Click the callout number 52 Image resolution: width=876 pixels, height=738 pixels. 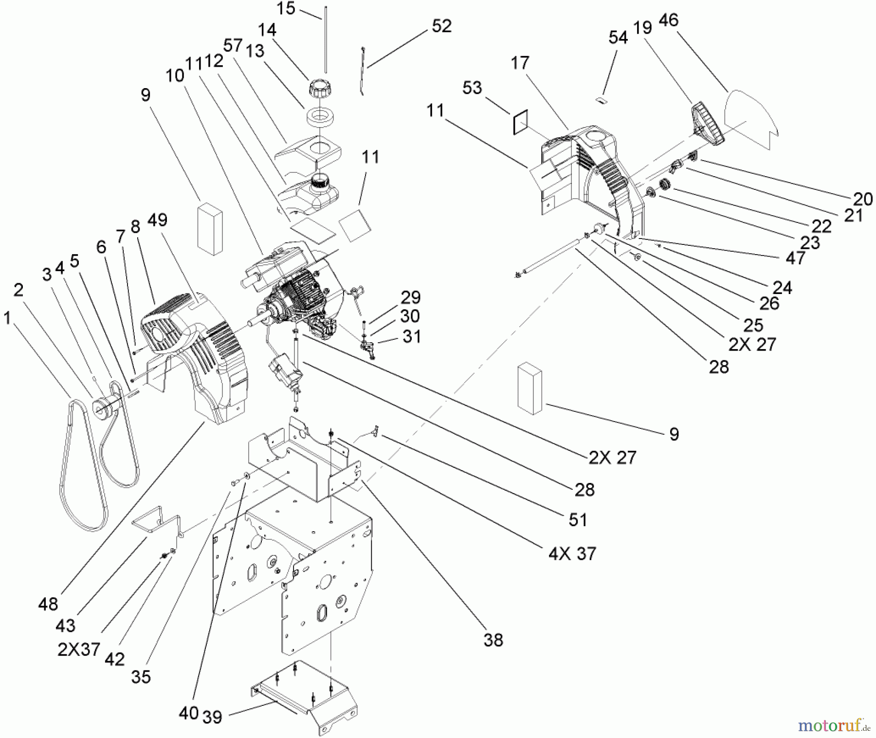pyautogui.click(x=441, y=26)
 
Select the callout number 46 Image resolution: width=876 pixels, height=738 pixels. pyautogui.click(x=668, y=20)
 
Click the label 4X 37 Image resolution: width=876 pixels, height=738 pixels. pyautogui.click(x=572, y=553)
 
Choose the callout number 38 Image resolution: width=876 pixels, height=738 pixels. pyautogui.click(x=493, y=640)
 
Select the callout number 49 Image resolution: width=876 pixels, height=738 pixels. pyautogui.click(x=157, y=220)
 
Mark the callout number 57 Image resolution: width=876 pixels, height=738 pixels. pyautogui.click(x=233, y=45)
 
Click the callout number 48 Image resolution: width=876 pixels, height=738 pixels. pyautogui.click(x=48, y=604)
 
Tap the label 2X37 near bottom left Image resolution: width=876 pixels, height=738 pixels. pyautogui.click(x=79, y=649)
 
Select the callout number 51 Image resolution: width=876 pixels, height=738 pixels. pyautogui.click(x=578, y=520)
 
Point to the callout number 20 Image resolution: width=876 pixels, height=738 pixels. pyautogui.click(x=863, y=199)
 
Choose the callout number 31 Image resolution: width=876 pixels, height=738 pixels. pyautogui.click(x=412, y=336)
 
